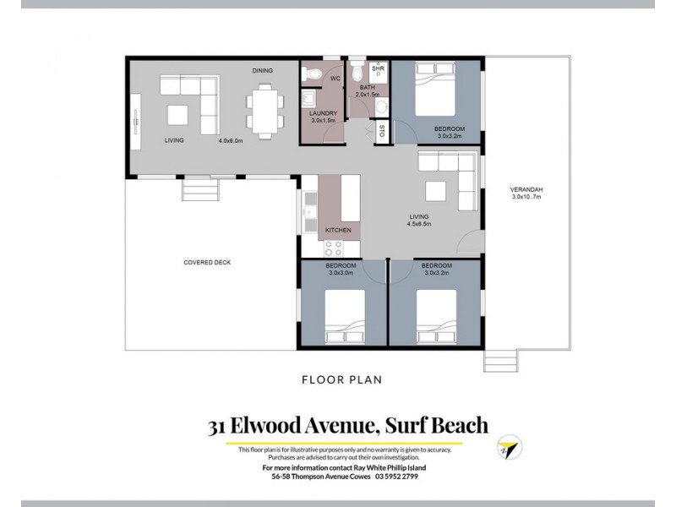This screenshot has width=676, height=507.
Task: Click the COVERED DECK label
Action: click(207, 262)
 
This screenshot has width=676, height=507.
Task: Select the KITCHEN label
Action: click(339, 230)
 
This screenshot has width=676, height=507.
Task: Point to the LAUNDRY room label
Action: click(324, 113)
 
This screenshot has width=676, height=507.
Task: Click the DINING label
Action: click(262, 71)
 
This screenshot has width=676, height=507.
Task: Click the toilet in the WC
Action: click(313, 75)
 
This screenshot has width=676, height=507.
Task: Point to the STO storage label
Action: click(382, 131)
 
